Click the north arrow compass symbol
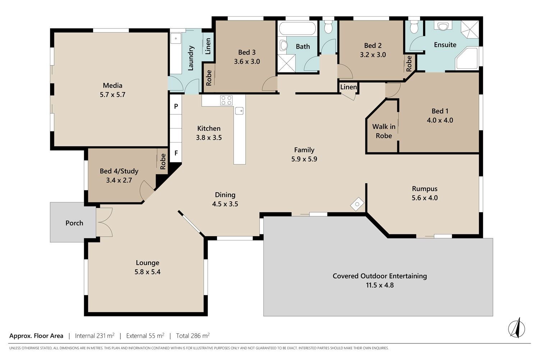tap(516, 328)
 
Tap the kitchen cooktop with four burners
tap(226, 100)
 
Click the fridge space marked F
tap(176, 153)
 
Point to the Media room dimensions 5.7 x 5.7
tap(112, 95)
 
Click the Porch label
tap(74, 223)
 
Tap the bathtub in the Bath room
tap(297, 28)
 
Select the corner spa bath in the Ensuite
tap(466, 59)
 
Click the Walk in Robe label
tap(384, 131)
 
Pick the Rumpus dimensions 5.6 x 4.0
tap(425, 198)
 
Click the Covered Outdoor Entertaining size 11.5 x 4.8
tap(380, 285)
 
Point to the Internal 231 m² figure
tap(95, 336)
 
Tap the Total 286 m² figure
tap(193, 336)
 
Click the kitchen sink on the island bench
tap(239, 111)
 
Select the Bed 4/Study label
tap(119, 171)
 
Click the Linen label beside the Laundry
tap(208, 46)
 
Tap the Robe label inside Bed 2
tap(409, 64)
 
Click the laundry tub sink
tap(176, 39)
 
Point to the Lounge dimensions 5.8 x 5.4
tap(147, 272)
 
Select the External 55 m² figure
tap(145, 336)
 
